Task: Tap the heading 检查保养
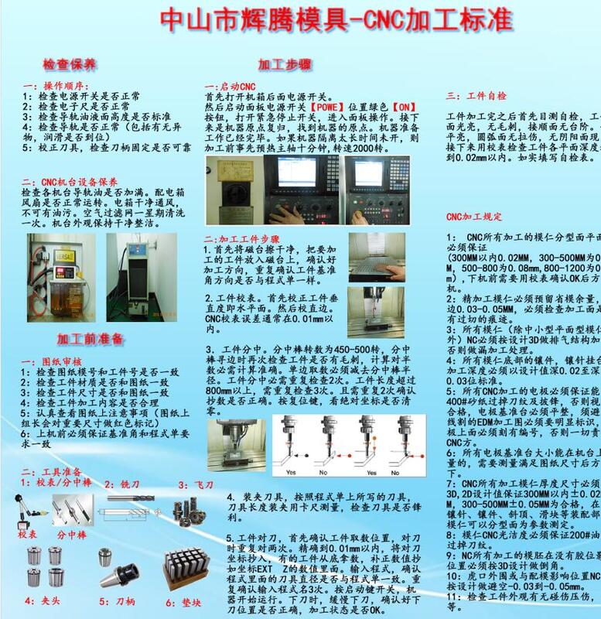click(x=69, y=63)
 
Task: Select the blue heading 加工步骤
click(x=284, y=64)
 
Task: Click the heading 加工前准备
click(x=90, y=339)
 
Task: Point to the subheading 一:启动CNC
click(x=230, y=86)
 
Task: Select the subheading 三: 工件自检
click(x=476, y=97)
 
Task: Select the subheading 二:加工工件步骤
click(x=241, y=238)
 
